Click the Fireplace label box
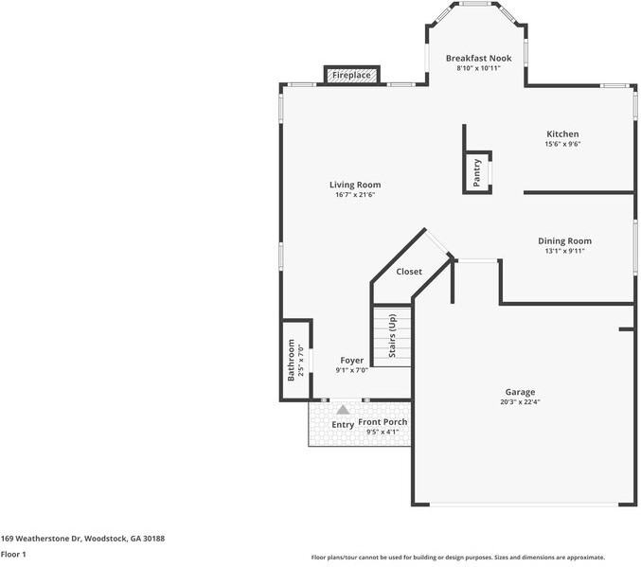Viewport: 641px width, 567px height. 351,75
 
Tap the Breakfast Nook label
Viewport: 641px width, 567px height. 478,58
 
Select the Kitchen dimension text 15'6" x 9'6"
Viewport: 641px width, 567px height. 561,145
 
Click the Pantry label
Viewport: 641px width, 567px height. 477,171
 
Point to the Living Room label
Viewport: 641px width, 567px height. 355,185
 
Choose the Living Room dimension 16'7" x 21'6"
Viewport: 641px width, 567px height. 355,196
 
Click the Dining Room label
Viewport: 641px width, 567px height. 564,240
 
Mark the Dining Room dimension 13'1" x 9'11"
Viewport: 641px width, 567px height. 564,252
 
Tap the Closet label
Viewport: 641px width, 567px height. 409,272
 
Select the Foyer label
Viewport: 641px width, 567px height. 351,360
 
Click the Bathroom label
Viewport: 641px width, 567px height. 291,361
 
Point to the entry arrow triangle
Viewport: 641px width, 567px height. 343,410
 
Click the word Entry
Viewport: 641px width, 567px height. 343,425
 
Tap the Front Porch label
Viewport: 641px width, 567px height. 383,421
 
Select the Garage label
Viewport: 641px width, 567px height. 520,391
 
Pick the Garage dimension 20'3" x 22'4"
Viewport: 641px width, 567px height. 520,402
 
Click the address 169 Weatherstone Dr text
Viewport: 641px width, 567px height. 82,538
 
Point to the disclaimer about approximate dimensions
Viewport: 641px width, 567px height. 457,558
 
